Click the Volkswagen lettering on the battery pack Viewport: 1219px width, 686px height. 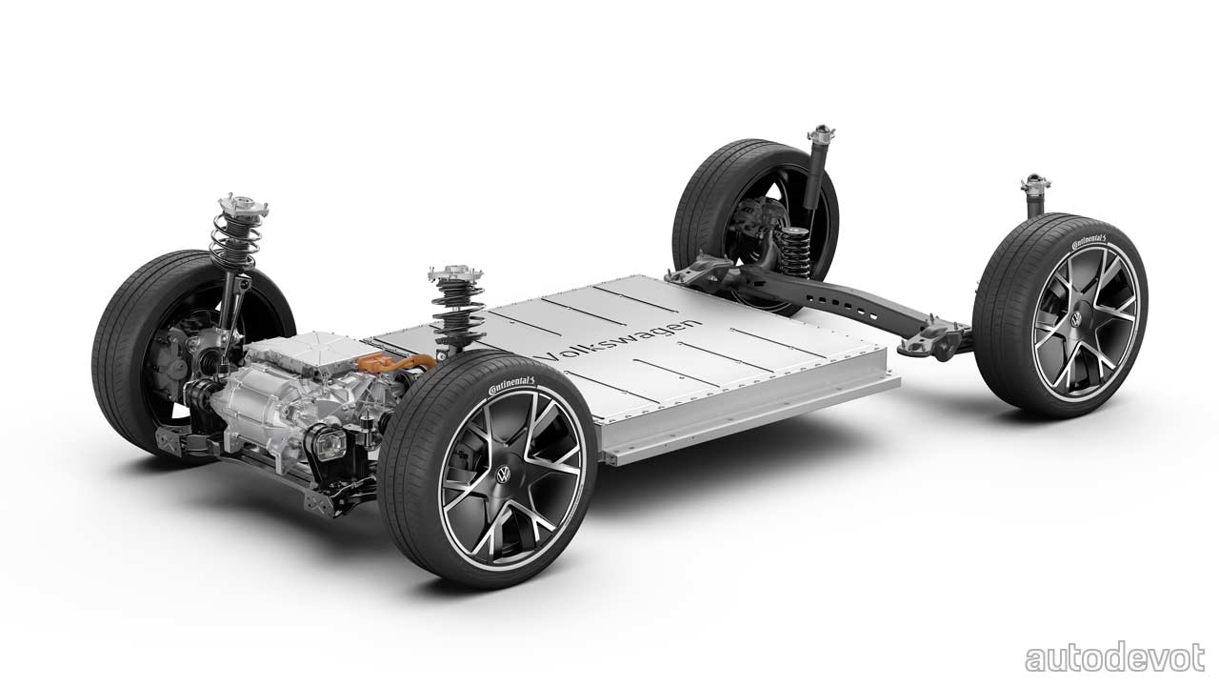pos(620,340)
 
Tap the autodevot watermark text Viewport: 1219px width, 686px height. pos(1115,657)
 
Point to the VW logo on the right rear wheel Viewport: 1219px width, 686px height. pos(1076,319)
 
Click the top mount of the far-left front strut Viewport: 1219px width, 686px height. pos(243,206)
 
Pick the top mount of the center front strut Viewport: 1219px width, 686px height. pos(456,273)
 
